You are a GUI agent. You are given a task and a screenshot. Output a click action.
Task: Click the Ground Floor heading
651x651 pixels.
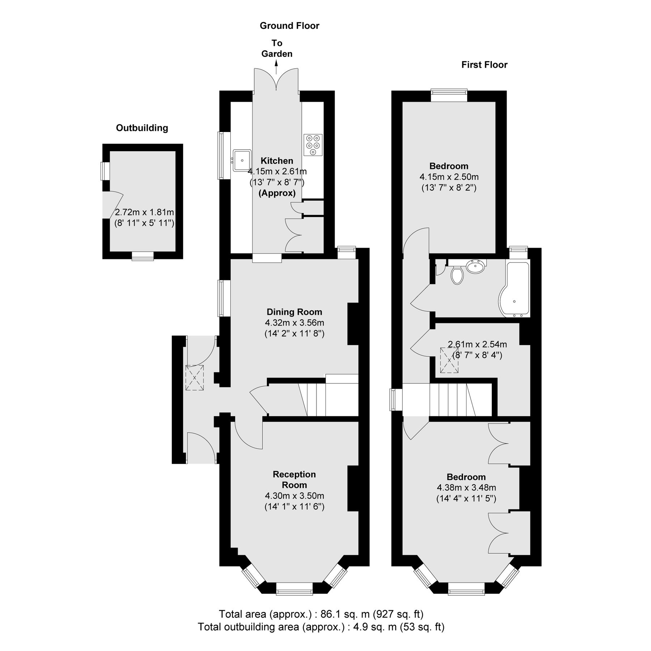(289, 26)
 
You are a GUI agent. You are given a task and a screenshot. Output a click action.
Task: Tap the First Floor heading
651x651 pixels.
(484, 65)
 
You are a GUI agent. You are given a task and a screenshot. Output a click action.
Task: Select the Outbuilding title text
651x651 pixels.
(142, 128)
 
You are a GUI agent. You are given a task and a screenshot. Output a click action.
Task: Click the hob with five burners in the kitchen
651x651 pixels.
(313, 145)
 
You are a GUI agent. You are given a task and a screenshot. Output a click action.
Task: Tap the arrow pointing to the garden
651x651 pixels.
(277, 67)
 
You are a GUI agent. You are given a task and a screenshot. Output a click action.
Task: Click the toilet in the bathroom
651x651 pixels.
(457, 275)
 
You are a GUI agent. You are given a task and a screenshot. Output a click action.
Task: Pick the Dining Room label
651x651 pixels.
(294, 312)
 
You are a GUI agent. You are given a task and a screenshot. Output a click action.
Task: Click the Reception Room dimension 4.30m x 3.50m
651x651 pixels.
(294, 495)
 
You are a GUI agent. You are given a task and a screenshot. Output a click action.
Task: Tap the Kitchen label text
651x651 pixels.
(277, 161)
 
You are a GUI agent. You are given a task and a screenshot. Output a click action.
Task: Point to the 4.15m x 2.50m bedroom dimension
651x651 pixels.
(449, 177)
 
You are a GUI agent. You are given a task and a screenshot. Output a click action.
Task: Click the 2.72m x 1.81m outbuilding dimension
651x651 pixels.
(144, 212)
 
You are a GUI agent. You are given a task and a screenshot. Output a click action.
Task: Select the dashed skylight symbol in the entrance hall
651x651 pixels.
(195, 378)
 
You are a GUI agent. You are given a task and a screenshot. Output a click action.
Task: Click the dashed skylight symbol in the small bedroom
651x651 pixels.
(449, 360)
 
